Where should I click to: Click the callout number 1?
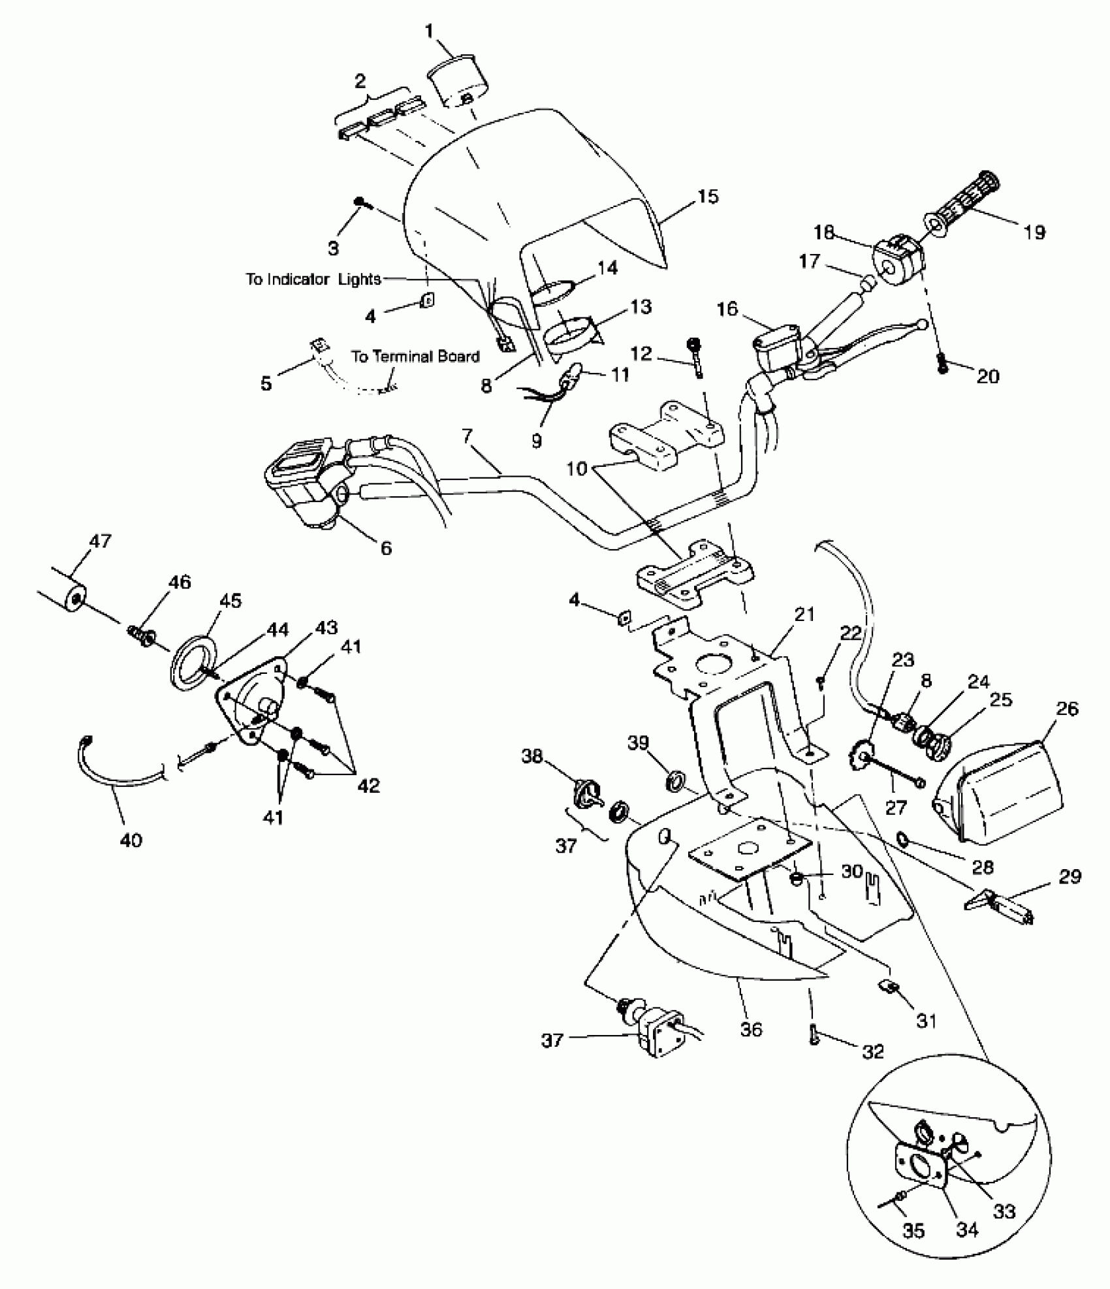tap(429, 31)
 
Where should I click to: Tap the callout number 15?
tap(707, 196)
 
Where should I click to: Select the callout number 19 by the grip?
tap(1034, 232)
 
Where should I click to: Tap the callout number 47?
tap(100, 541)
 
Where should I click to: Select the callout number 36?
tap(752, 1030)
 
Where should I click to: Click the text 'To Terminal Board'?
tap(415, 357)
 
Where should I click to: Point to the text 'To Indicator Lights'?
tap(313, 279)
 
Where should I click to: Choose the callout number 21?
tap(805, 614)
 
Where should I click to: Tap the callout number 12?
tap(641, 354)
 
